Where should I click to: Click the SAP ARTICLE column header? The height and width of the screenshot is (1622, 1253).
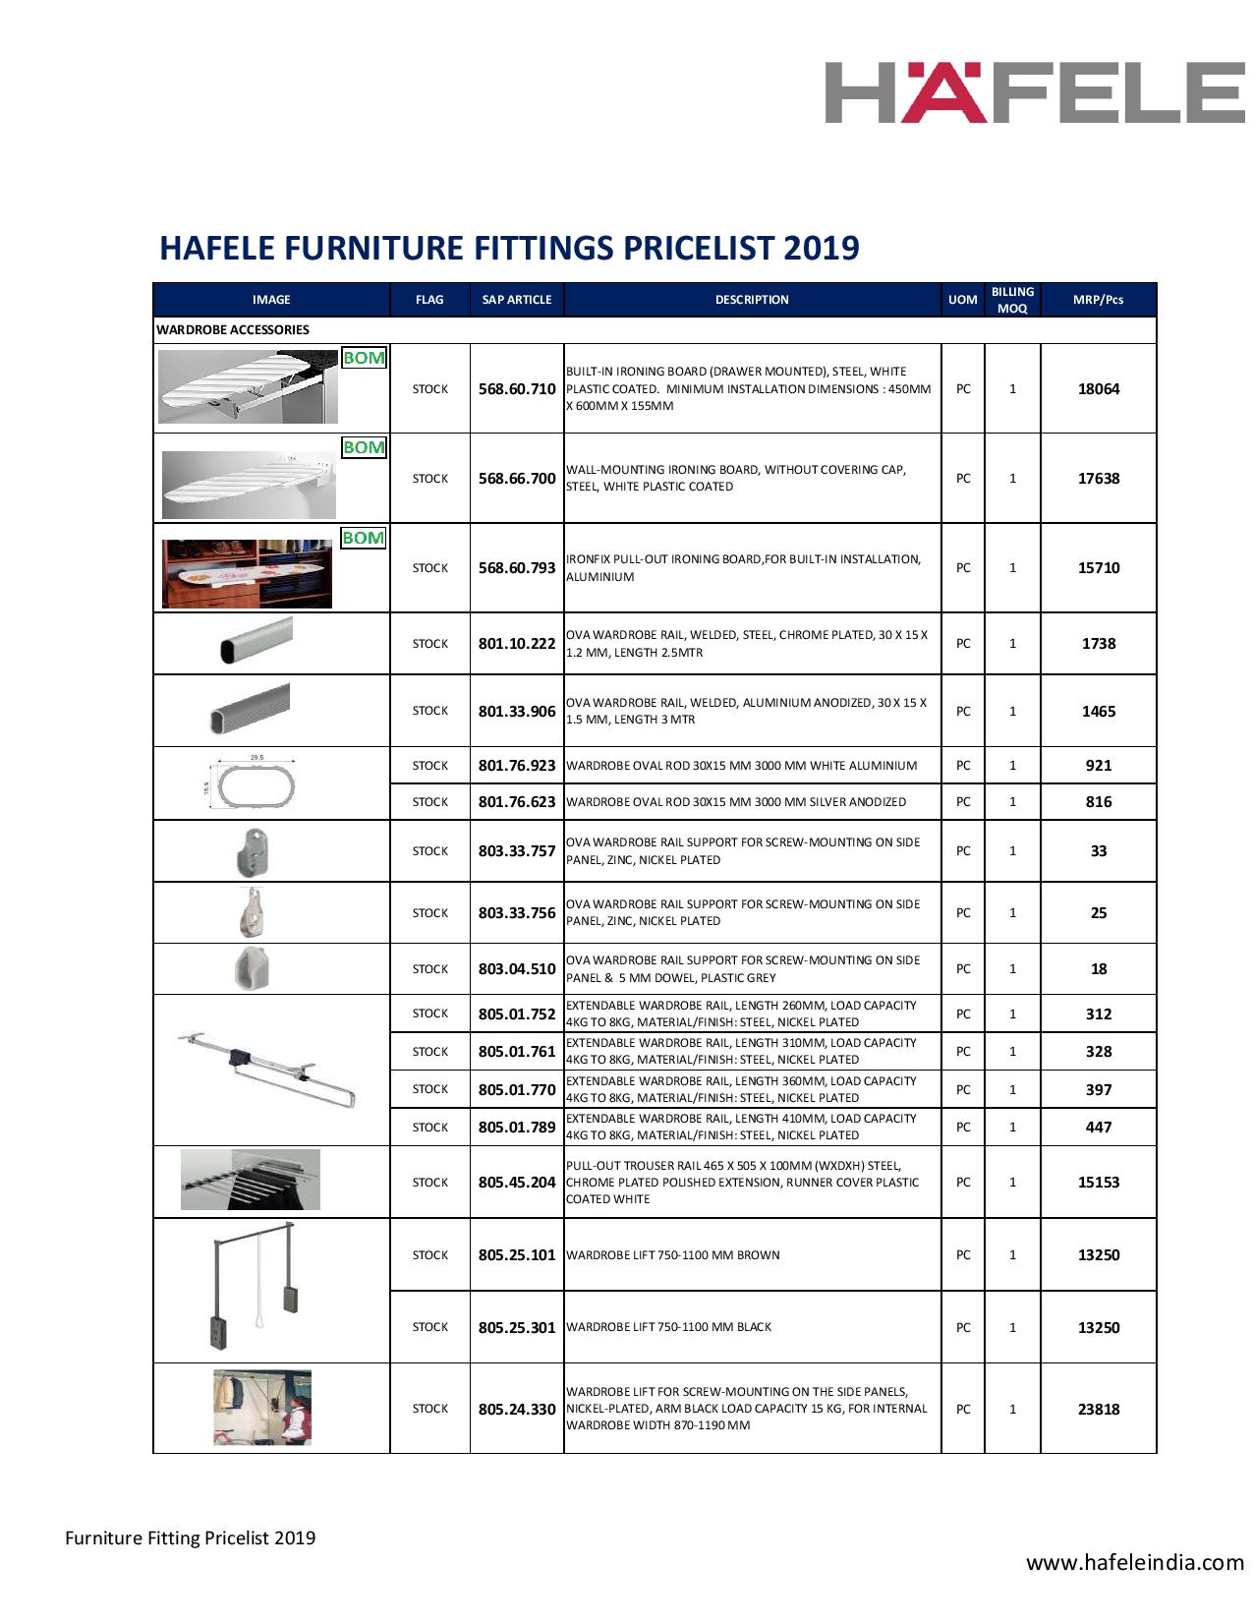click(x=517, y=300)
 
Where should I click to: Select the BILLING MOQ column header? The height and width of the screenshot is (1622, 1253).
click(x=1012, y=300)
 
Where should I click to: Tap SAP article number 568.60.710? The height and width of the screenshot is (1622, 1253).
click(x=517, y=389)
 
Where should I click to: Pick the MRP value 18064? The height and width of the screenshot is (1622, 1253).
click(x=1098, y=389)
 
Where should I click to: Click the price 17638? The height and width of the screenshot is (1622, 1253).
click(x=1098, y=479)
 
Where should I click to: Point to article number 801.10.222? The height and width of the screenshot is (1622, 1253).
click(x=517, y=644)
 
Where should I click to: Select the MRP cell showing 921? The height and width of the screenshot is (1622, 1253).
click(x=1098, y=766)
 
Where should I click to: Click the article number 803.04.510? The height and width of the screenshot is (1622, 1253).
click(x=517, y=969)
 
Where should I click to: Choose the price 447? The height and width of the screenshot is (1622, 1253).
click(x=1098, y=1128)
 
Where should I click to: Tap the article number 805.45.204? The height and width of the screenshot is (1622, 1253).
click(x=517, y=1183)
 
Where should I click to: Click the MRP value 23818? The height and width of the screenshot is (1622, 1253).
click(x=1098, y=1409)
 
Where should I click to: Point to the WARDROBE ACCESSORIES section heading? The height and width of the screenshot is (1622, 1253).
click(x=233, y=330)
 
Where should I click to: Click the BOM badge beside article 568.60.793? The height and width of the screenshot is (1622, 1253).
click(x=363, y=538)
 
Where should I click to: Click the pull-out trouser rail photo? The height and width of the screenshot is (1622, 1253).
click(x=251, y=1181)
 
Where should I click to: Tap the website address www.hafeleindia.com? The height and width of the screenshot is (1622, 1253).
click(x=1135, y=1562)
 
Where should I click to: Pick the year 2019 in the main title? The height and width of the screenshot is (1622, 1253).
click(x=821, y=248)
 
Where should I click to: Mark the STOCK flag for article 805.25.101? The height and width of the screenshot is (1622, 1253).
click(x=430, y=1255)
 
